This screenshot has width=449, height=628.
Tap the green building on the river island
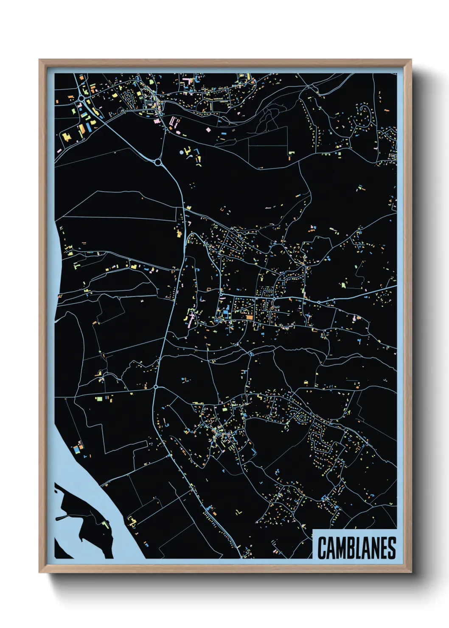(x=105, y=525)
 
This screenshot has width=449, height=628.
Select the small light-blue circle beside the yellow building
(x=182, y=152)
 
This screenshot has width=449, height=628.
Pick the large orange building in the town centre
(x=250, y=317)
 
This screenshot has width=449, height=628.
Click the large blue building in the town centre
(x=225, y=314)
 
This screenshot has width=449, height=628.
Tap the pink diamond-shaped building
(x=208, y=129)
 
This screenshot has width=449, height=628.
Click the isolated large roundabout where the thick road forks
(x=158, y=162)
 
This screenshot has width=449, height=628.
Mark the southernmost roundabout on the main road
(x=156, y=387)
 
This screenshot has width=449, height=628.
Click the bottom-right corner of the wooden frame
(x=411, y=572)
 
